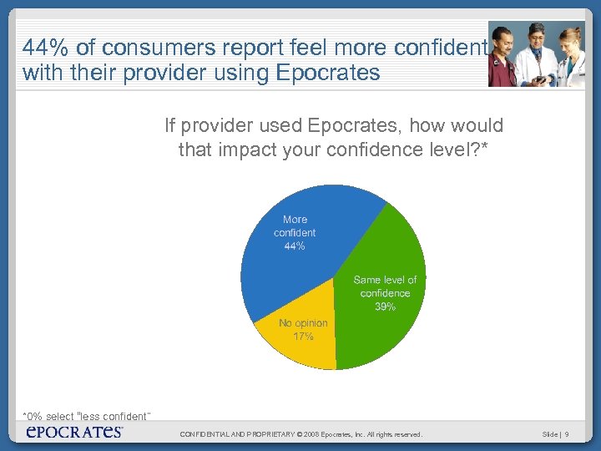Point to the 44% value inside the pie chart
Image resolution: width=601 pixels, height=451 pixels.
pos(295,246)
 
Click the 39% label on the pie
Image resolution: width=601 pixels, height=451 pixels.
pos(385,307)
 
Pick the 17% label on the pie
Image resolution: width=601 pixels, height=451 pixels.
pos(303,336)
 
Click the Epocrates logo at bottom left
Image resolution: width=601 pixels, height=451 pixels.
pos(74,432)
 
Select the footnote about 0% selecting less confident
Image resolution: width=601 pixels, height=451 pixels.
pos(86,416)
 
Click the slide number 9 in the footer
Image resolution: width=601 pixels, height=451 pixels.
pos(567,434)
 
